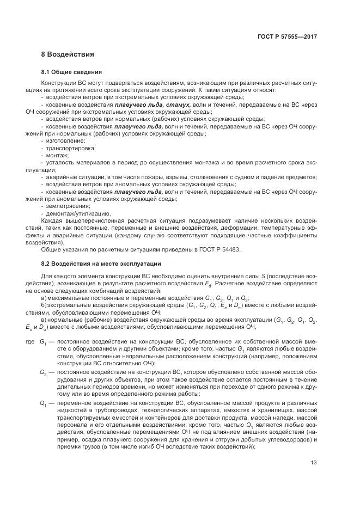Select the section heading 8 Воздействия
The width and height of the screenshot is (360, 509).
coord(68,54)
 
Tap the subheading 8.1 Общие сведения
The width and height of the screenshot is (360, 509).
coord(71,72)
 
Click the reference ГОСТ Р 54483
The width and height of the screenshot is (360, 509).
coord(218,250)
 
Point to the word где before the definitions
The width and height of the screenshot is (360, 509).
coord(30,341)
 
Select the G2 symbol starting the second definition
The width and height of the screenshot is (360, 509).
coord(43,372)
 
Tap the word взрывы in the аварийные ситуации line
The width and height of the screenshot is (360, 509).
coord(190,177)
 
